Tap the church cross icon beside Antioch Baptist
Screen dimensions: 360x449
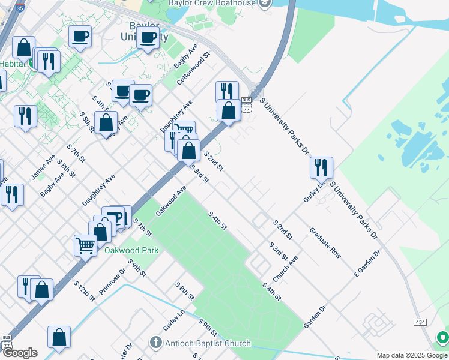(x=155, y=343)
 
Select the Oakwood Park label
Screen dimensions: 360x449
(x=132, y=250)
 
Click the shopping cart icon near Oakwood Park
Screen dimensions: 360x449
(x=86, y=245)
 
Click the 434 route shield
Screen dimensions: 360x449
(x=421, y=322)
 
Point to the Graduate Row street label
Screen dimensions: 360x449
(x=325, y=242)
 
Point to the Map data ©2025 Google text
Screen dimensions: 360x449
(x=412, y=355)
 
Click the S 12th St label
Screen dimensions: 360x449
(x=84, y=290)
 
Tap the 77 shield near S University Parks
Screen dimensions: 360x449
(x=246, y=108)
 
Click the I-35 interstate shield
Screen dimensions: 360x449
(x=20, y=8)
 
